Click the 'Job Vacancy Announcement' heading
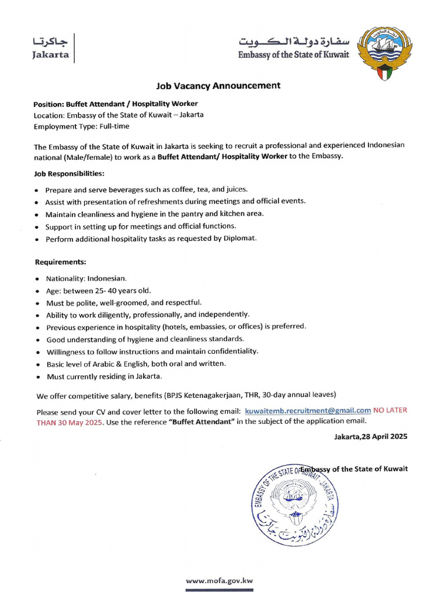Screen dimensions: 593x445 pyautogui.click(x=218, y=86)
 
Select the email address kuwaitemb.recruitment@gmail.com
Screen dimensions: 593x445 pyautogui.click(x=308, y=410)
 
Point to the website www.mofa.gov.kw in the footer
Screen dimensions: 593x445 pyautogui.click(x=219, y=580)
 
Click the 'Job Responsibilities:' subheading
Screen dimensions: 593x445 pyautogui.click(x=69, y=173)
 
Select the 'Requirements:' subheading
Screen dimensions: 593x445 pyautogui.click(x=60, y=262)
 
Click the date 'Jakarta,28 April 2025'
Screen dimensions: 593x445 pyautogui.click(x=370, y=437)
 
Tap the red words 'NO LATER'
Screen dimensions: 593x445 pyautogui.click(x=390, y=410)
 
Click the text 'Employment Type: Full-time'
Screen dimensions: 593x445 pyautogui.click(x=82, y=126)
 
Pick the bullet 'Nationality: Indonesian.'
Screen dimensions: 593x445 pyautogui.click(x=86, y=278)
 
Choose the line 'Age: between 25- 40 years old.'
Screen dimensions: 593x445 pyautogui.click(x=98, y=291)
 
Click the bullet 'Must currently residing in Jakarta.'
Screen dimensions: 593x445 pyautogui.click(x=104, y=376)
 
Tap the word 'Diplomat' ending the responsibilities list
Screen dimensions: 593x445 pyautogui.click(x=239, y=239)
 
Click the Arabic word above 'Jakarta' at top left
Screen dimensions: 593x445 pyautogui.click(x=50, y=42)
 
